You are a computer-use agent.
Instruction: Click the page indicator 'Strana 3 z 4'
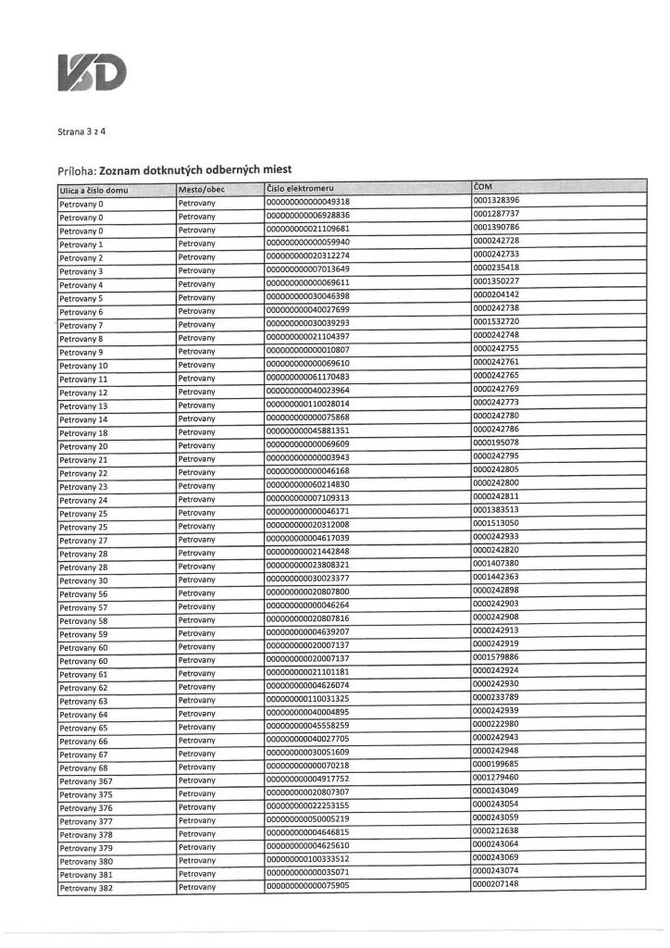[x=81, y=132]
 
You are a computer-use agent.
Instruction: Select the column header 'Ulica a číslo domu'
[x=93, y=190]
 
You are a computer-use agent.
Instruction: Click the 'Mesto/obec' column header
[x=202, y=190]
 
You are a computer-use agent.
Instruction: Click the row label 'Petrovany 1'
[x=81, y=244]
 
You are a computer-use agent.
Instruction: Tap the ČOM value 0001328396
[x=496, y=201]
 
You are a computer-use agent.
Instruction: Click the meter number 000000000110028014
[x=308, y=405]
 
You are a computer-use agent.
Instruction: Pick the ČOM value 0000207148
[x=496, y=885]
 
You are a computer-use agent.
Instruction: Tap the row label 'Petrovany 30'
[x=83, y=580]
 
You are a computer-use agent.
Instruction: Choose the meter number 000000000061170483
[x=308, y=379]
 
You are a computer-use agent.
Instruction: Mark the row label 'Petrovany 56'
[x=83, y=594]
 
